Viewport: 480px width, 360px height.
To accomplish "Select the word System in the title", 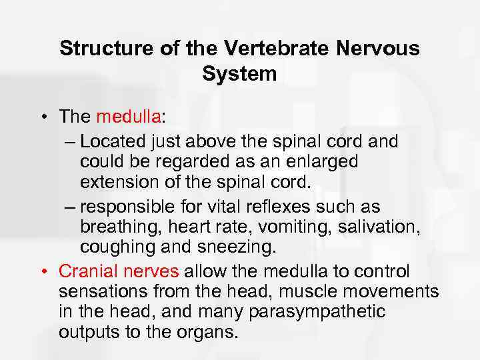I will point(239,74).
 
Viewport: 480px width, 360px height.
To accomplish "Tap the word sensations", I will point(97,292).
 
